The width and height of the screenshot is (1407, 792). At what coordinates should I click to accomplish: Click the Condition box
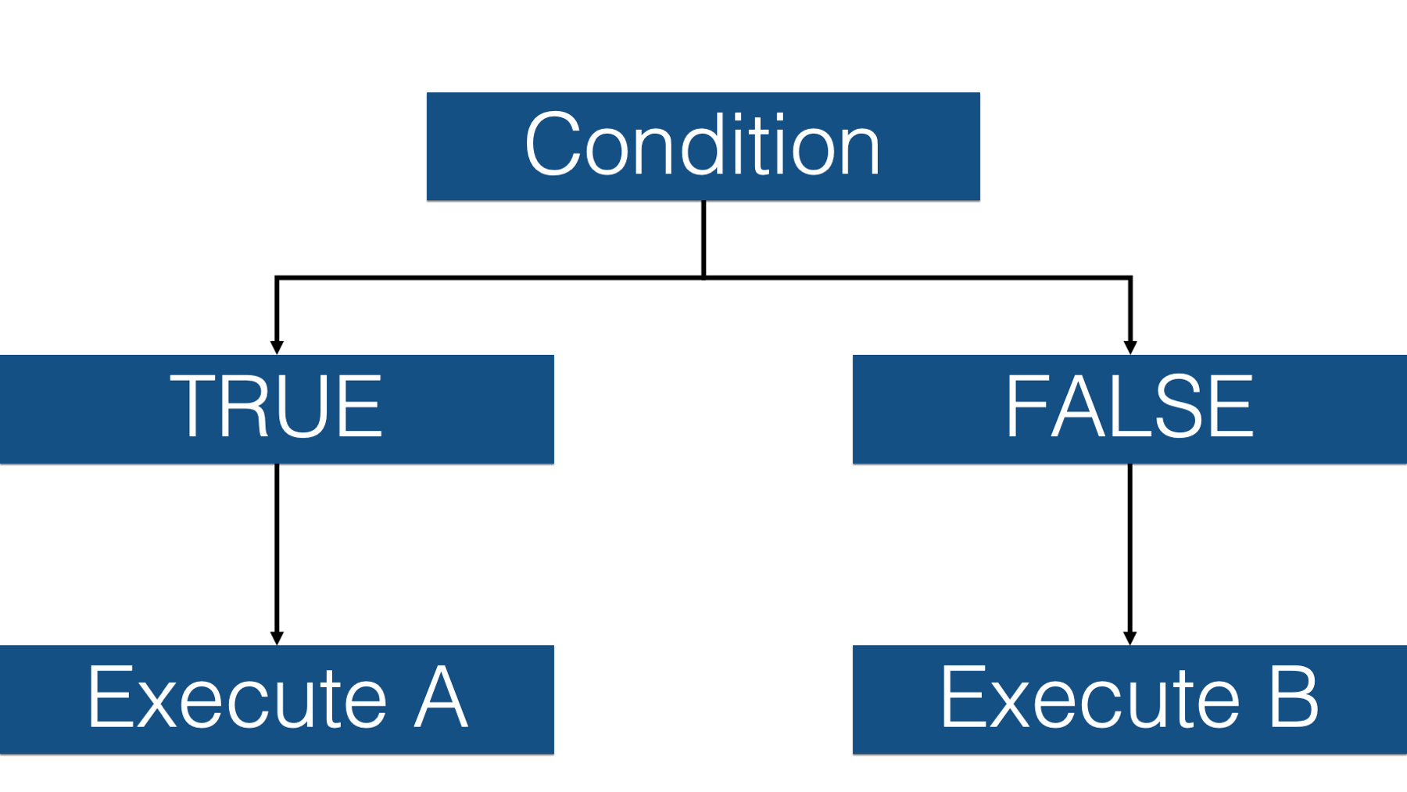click(703, 146)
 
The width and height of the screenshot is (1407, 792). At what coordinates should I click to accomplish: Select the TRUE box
click(277, 409)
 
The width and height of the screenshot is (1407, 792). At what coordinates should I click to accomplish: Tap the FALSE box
click(1130, 409)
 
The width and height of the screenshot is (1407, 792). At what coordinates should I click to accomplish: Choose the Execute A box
click(277, 700)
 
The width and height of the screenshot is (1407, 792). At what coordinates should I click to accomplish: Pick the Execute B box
click(1130, 700)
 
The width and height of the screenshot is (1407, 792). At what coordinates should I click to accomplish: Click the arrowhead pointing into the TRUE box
click(277, 348)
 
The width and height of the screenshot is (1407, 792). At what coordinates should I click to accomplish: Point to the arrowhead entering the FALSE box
click(1130, 348)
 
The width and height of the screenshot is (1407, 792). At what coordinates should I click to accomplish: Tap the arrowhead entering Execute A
click(277, 638)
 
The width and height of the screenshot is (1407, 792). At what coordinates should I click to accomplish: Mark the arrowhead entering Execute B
click(1130, 638)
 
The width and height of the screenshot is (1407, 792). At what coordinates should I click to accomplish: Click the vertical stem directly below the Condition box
click(703, 238)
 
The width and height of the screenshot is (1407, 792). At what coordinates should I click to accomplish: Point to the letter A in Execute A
click(441, 697)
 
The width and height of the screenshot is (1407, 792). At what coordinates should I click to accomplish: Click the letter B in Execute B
click(1293, 697)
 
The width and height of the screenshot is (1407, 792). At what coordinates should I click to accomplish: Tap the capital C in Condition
click(553, 144)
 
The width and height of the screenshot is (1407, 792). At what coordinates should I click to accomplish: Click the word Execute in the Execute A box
click(238, 697)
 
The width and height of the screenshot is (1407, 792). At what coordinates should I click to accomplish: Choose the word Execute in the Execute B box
click(1090, 697)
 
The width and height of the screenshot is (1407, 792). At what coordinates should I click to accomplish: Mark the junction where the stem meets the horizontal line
click(703, 278)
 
